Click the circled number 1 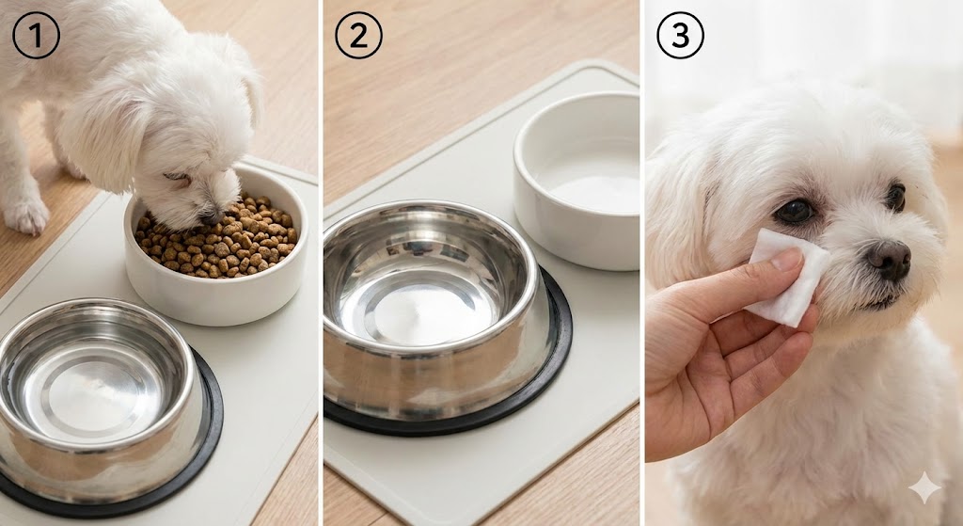click(x=37, y=35)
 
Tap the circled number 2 click(x=358, y=35)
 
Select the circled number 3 click(x=681, y=35)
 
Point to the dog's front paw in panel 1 click(x=24, y=215)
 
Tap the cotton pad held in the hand click(x=786, y=277)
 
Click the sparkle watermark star click(x=924, y=488)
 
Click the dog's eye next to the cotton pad click(x=794, y=212)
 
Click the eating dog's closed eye click(x=178, y=177)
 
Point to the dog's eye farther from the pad click(x=895, y=198)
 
